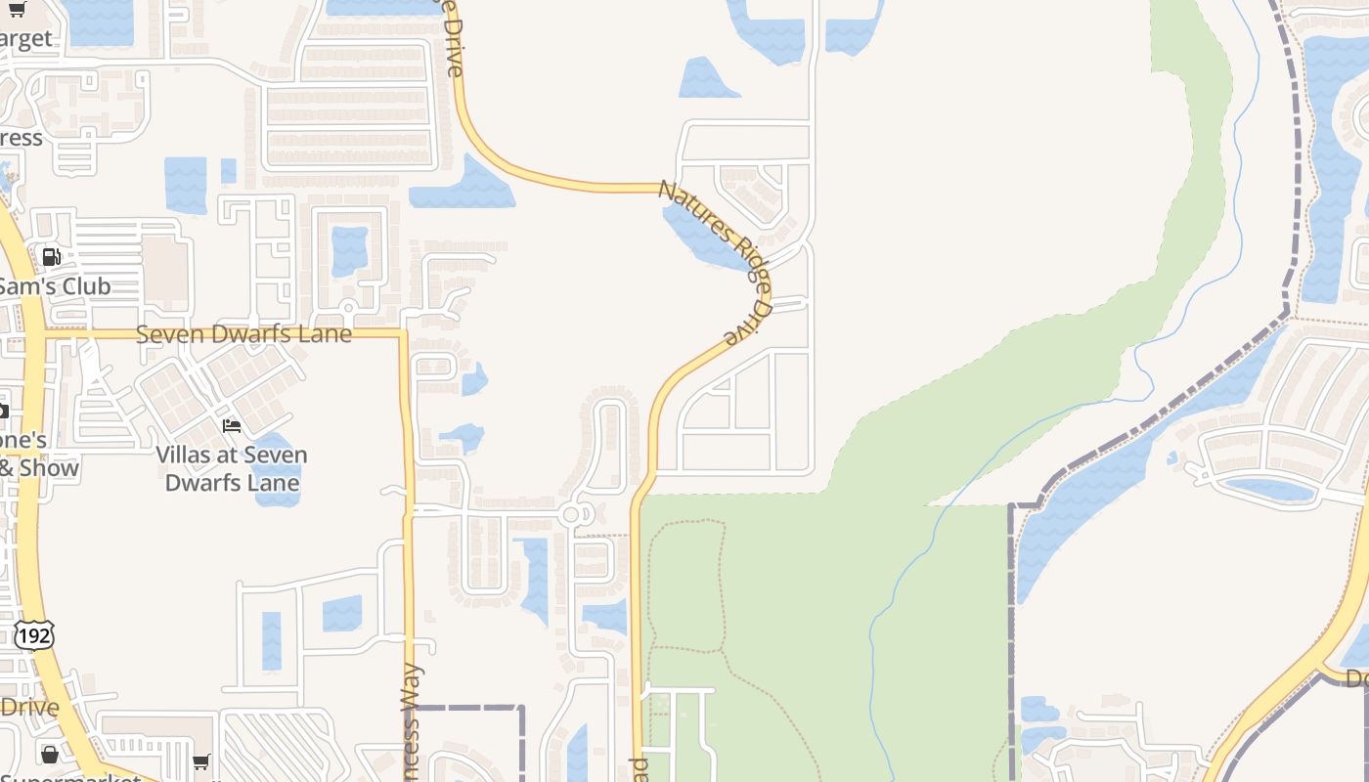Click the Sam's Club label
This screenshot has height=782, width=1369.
pyautogui.click(x=56, y=286)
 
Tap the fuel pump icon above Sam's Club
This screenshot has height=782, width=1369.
pyautogui.click(x=51, y=257)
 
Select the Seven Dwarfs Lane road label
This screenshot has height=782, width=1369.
pyautogui.click(x=243, y=333)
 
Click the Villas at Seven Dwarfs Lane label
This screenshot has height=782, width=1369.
pyautogui.click(x=232, y=468)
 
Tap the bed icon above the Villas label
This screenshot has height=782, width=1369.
pyautogui.click(x=232, y=426)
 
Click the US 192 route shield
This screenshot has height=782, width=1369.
pyautogui.click(x=33, y=635)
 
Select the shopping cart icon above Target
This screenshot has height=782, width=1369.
pyautogui.click(x=16, y=9)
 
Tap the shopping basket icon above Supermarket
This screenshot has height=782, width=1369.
pyautogui.click(x=49, y=755)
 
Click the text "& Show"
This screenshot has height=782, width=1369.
pyautogui.click(x=39, y=468)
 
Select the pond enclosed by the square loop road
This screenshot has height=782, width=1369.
pyautogui.click(x=349, y=249)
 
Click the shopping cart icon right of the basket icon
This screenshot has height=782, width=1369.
pyautogui.click(x=200, y=760)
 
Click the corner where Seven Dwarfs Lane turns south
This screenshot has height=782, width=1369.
pyautogui.click(x=402, y=335)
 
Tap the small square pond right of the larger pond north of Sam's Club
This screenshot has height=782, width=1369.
pyautogui.click(x=229, y=171)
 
